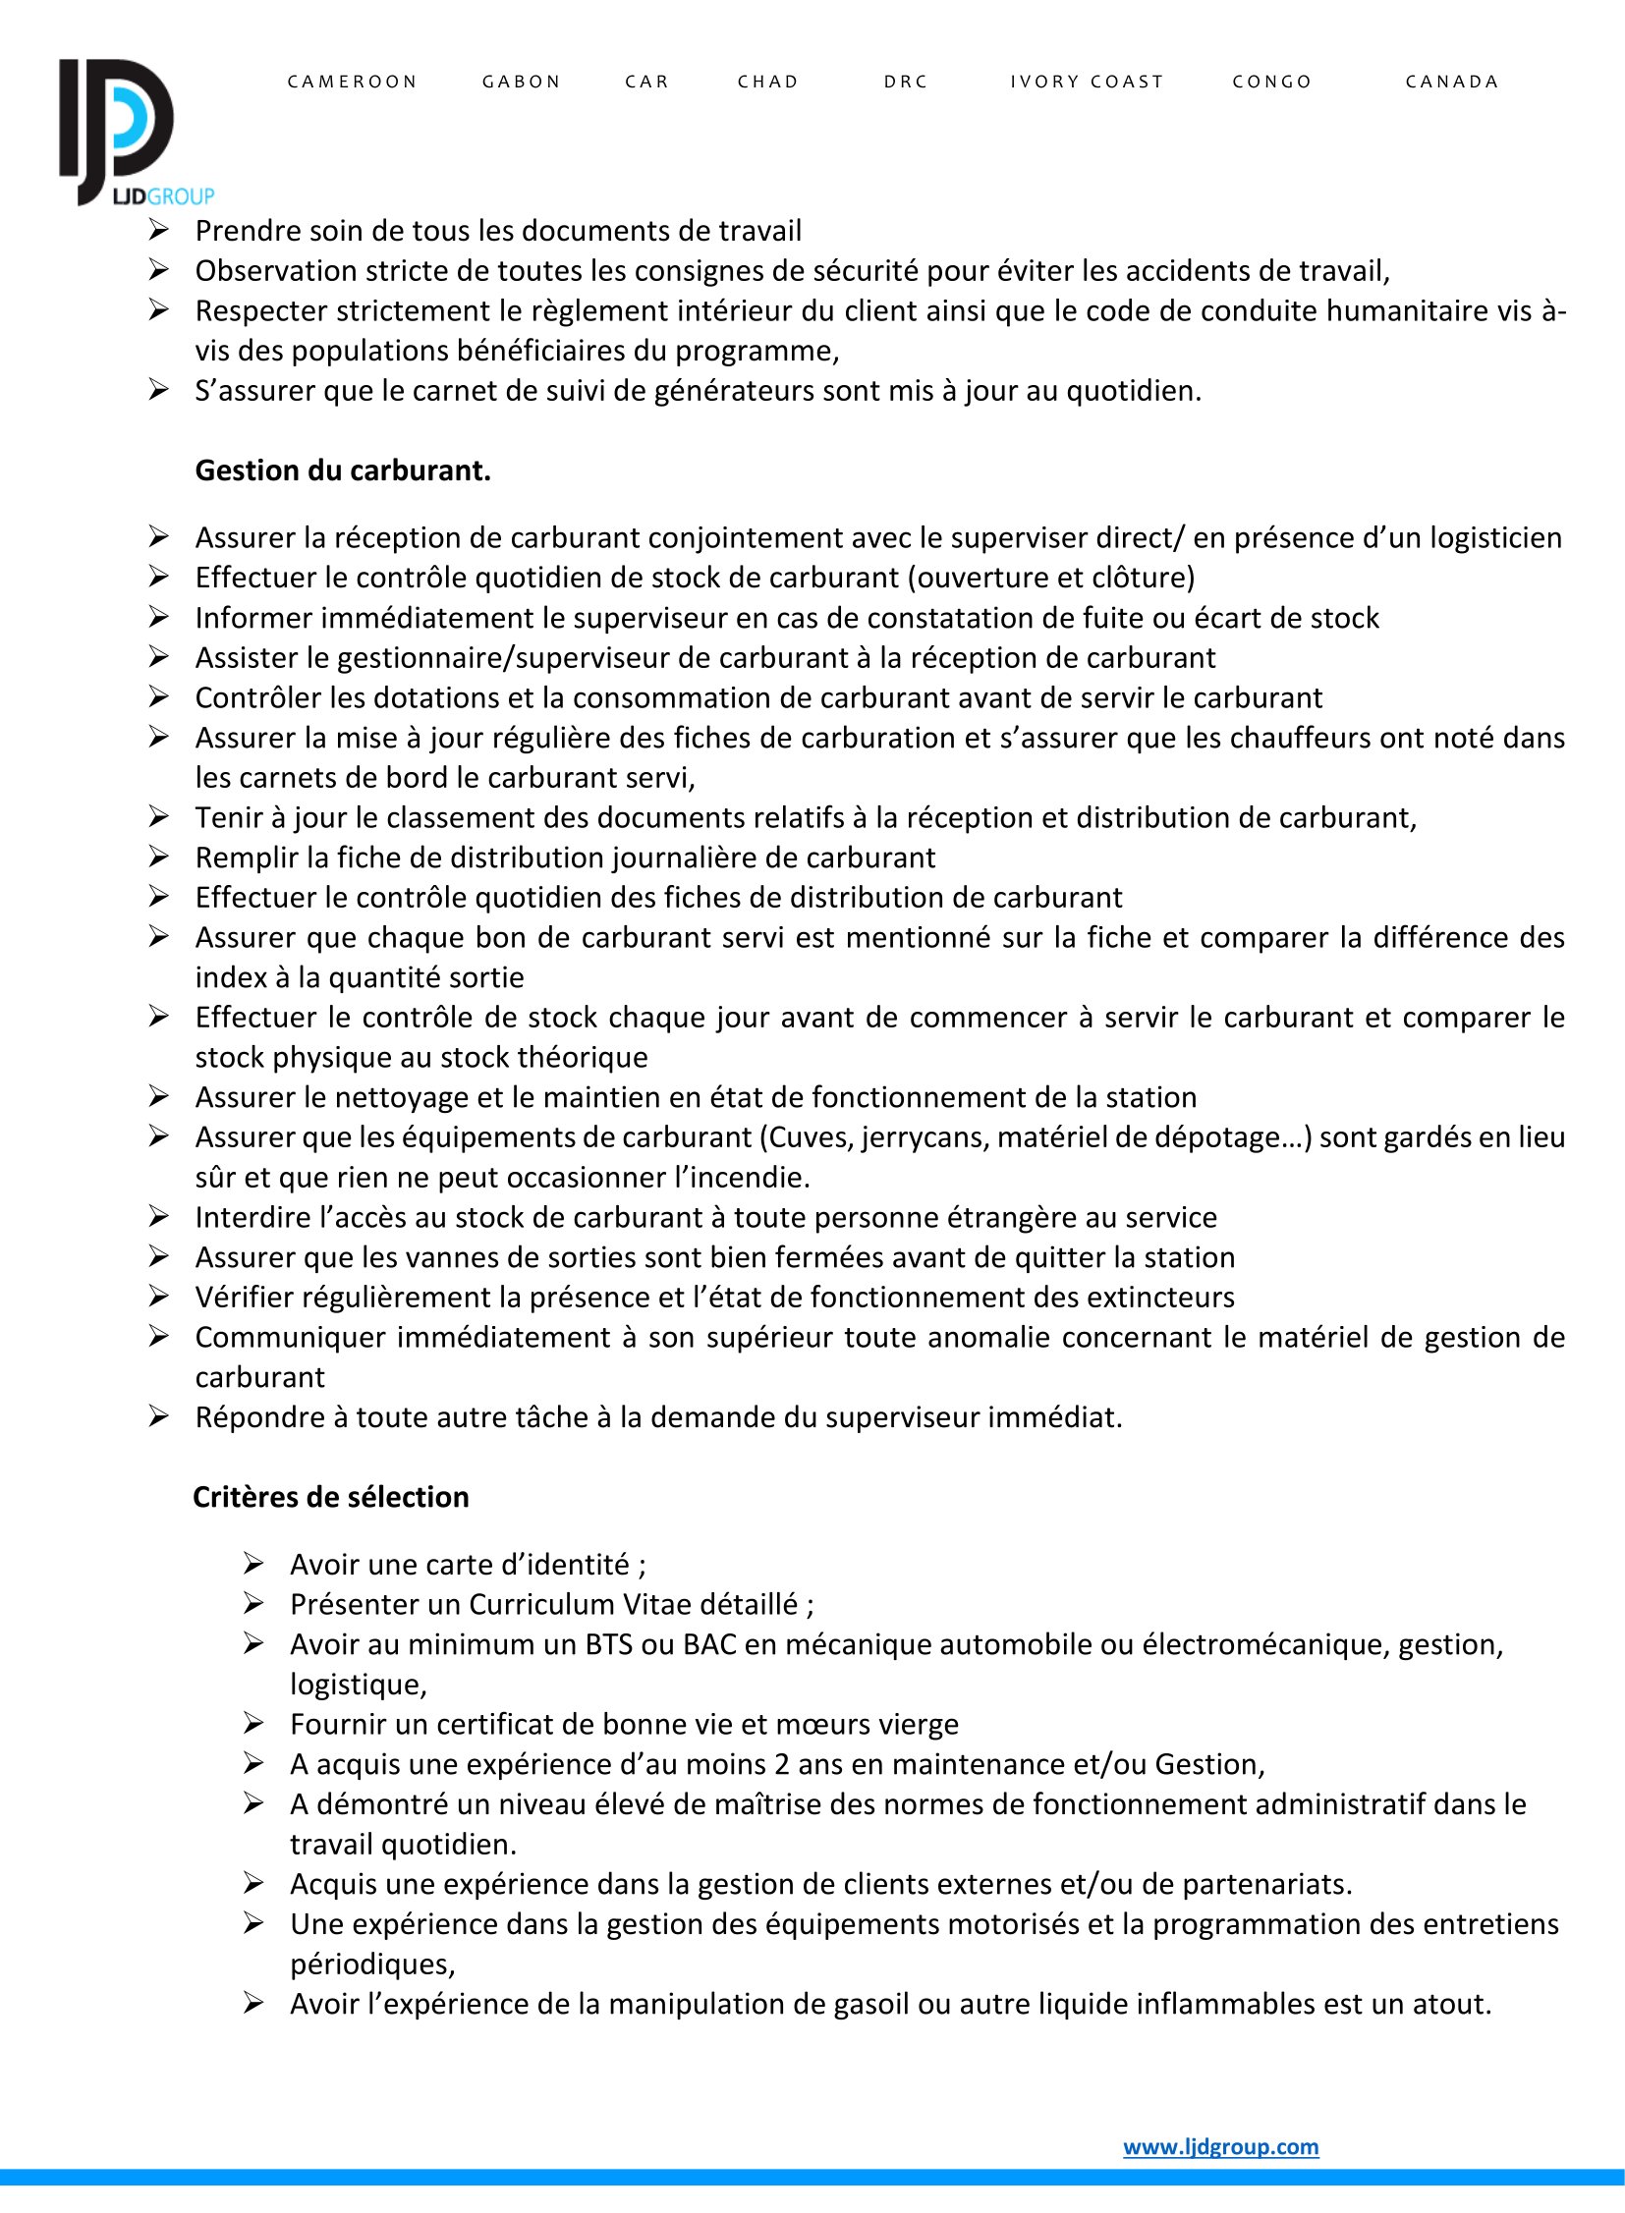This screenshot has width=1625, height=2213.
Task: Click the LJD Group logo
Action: click(128, 133)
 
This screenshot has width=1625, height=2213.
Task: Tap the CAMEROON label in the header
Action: click(352, 82)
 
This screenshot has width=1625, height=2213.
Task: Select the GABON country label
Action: click(522, 82)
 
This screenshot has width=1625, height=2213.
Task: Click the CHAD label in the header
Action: click(768, 82)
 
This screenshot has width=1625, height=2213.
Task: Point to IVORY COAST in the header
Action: click(1087, 82)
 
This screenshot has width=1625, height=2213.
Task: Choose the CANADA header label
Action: click(1452, 82)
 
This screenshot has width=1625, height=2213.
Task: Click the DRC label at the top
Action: click(906, 82)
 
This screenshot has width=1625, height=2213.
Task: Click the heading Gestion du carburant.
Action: click(342, 471)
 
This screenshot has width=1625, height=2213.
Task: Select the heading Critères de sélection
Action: click(330, 1497)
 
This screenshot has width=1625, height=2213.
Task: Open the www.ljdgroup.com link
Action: click(1221, 2147)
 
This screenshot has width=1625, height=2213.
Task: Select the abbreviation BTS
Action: click(609, 1644)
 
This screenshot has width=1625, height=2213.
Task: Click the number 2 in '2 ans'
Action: click(782, 1764)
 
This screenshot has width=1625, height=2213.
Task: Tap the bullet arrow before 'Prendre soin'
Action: click(159, 230)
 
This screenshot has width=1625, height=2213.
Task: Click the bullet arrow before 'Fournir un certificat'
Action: click(253, 1723)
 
